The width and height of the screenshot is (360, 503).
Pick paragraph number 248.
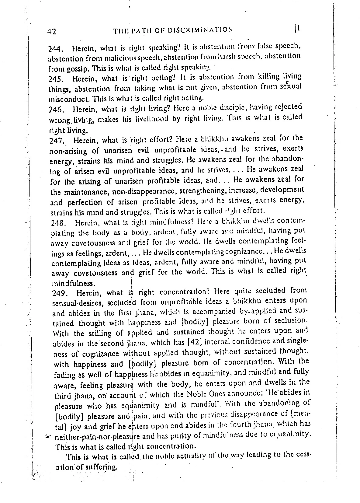(58, 223)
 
